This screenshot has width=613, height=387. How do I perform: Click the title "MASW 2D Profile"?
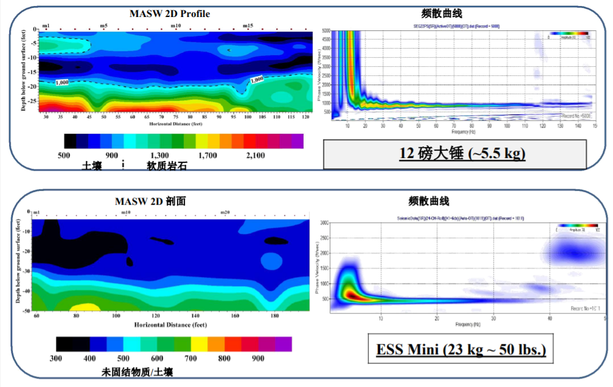tap(170, 13)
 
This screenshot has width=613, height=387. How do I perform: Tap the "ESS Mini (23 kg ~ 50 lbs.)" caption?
tap(460, 350)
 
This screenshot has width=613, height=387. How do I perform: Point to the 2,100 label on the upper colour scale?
tap(255, 156)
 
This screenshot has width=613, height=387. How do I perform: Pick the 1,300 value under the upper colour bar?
tap(160, 156)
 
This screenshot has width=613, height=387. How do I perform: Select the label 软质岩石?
tap(166, 165)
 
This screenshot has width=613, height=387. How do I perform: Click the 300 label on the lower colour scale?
tap(56, 358)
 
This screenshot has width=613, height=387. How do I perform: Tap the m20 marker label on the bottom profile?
tap(224, 213)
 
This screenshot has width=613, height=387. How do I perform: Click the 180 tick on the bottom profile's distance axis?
tap(274, 317)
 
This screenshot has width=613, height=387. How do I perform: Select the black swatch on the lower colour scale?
tap(68, 344)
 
